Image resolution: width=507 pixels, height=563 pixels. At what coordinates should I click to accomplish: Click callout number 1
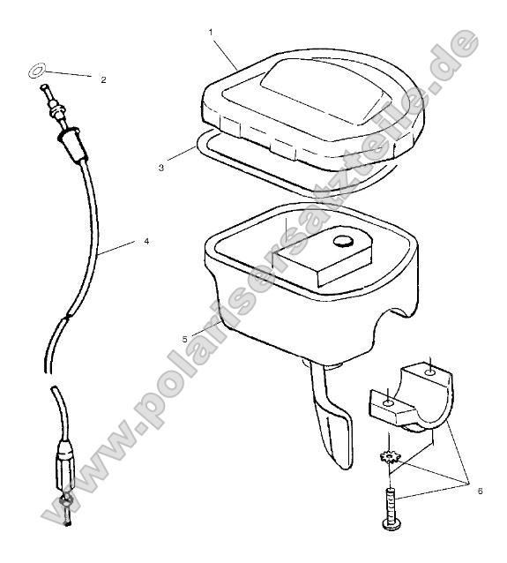211,32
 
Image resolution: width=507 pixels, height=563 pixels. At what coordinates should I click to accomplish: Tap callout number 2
103,79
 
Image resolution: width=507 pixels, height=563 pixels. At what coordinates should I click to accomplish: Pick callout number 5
209,337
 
